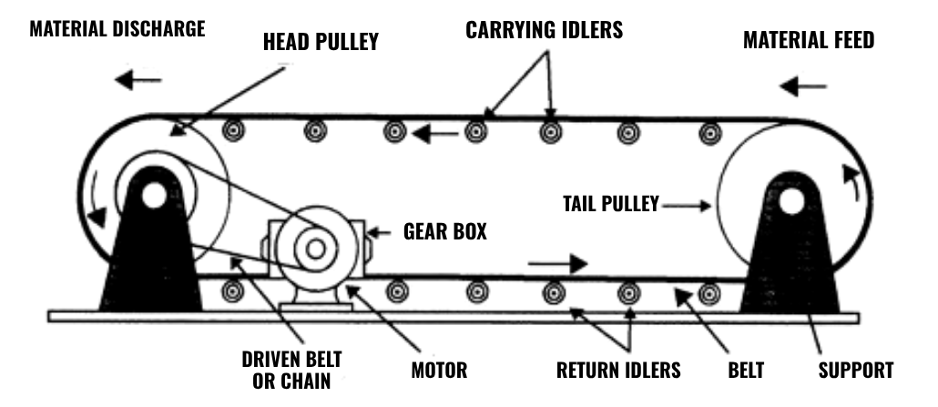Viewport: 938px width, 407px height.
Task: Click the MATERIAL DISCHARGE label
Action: [x=117, y=28]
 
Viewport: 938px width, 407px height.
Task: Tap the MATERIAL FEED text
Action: [x=808, y=40]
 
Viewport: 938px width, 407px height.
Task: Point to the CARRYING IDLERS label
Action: [x=544, y=29]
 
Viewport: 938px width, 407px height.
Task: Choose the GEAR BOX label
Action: [x=444, y=231]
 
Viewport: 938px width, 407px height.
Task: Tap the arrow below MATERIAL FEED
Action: [x=804, y=87]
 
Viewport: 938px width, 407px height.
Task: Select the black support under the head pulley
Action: [x=149, y=264]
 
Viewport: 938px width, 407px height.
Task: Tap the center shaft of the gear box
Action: [x=315, y=248]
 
